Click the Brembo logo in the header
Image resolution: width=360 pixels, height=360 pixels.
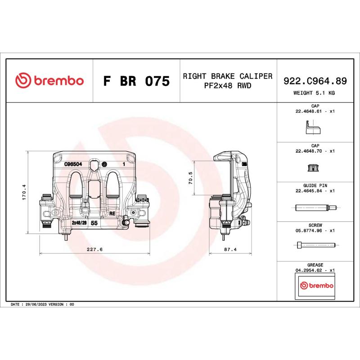[x=49, y=81]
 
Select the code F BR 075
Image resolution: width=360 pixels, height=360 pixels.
[x=136, y=81]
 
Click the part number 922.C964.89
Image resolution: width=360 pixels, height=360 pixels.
[x=315, y=81]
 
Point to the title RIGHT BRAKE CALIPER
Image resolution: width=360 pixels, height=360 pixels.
[x=228, y=76]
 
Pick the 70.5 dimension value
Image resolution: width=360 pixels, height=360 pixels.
[x=190, y=178]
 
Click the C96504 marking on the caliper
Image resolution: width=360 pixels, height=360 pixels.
[x=72, y=164]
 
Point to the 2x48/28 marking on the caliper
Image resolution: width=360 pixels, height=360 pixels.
[x=79, y=223]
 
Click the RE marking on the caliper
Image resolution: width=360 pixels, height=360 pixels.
[x=112, y=214]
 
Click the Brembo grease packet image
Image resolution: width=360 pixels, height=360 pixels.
[x=315, y=286]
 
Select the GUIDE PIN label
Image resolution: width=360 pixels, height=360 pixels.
[x=315, y=185]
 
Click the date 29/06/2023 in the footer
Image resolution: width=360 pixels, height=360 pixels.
[x=36, y=305]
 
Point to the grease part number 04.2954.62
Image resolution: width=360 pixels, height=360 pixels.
[x=310, y=270]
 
